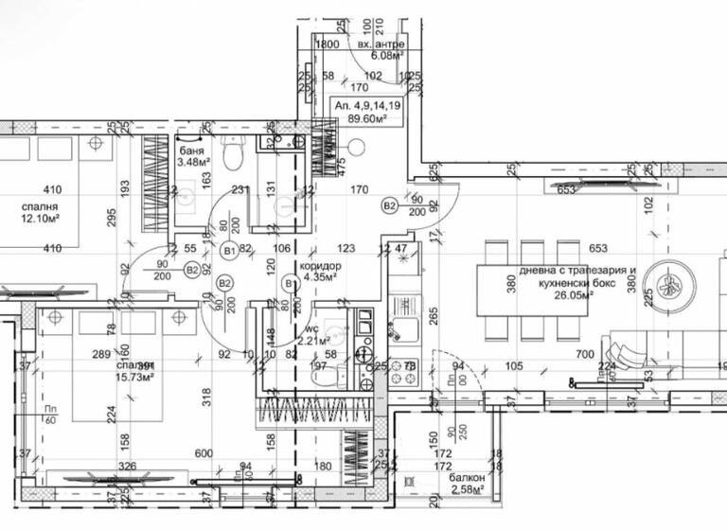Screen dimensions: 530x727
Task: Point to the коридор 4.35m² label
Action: pos(319,272)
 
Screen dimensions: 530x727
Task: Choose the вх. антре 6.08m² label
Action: pos(381,50)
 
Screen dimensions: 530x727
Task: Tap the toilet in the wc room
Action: pos(326,377)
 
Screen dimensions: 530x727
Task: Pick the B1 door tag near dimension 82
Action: pos(229,251)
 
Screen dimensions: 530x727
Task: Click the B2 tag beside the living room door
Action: pos(389,204)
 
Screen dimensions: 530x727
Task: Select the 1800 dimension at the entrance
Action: pos(327,44)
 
